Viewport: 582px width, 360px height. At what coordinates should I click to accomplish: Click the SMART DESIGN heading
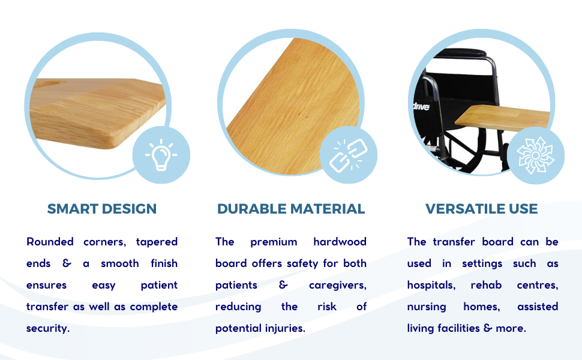102,209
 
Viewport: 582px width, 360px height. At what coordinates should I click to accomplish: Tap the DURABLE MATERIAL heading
291,209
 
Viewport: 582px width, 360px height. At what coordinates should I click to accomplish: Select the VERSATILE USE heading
481,209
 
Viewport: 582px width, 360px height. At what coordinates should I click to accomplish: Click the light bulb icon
161,155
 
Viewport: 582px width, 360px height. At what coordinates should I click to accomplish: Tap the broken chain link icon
349,155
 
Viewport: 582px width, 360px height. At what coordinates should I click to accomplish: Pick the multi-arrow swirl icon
536,155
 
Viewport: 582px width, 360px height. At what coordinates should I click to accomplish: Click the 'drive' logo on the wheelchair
422,107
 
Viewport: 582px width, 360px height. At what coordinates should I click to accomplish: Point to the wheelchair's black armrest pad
462,53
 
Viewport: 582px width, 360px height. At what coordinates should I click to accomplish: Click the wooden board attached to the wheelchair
502,118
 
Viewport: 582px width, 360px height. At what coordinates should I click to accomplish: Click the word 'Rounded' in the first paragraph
50,242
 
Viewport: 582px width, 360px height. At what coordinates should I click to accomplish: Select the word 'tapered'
157,242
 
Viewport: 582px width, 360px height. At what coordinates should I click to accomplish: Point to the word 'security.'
48,328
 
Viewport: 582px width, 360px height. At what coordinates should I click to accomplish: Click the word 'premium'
274,242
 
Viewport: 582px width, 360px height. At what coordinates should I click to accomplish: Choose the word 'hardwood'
340,242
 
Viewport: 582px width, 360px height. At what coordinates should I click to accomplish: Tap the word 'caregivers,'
338,286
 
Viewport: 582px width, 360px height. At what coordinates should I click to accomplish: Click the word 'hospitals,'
431,285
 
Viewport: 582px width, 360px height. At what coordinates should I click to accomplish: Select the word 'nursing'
427,307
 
